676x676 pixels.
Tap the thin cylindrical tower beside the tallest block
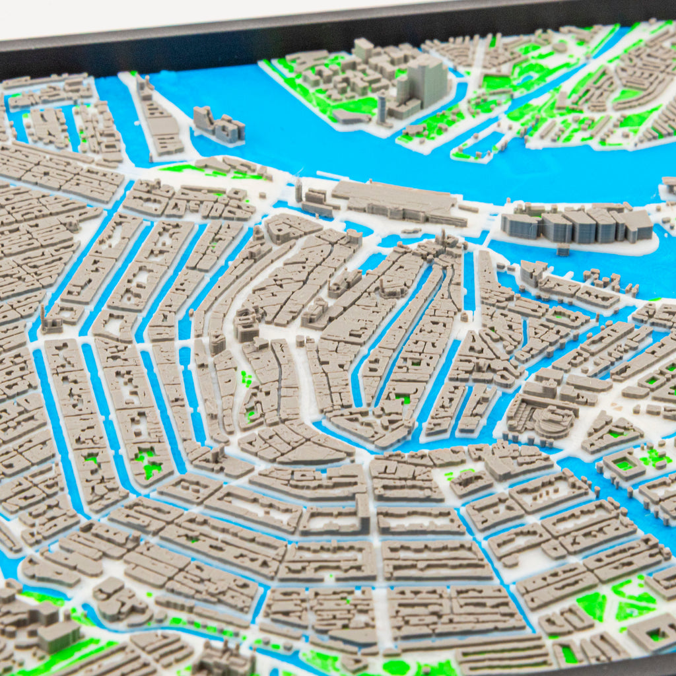(x=382, y=109)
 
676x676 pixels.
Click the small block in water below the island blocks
(x=562, y=250)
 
